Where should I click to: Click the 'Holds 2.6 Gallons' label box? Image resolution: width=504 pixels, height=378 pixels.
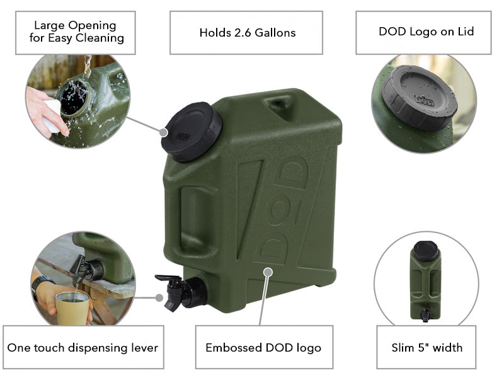click(x=247, y=32)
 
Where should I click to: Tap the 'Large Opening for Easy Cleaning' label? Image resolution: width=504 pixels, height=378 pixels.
click(x=75, y=31)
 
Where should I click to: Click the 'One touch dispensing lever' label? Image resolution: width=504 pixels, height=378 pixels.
click(x=83, y=347)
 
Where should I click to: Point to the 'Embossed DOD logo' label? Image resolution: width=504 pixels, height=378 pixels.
click(x=263, y=347)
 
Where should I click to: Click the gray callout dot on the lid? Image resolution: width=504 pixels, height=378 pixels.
click(x=164, y=132)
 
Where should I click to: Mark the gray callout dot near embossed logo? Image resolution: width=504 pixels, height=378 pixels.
click(x=268, y=272)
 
